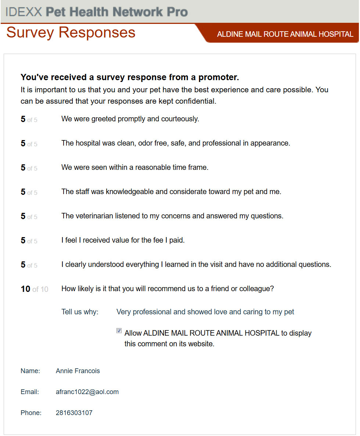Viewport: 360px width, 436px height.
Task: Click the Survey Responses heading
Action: click(71, 33)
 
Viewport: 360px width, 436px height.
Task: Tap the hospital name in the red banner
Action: click(285, 34)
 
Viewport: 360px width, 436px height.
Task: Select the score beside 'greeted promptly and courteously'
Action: click(23, 119)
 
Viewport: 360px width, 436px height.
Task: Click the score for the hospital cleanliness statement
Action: click(23, 144)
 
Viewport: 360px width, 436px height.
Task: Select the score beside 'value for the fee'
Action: click(23, 241)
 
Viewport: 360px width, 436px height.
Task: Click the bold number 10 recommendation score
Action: click(25, 289)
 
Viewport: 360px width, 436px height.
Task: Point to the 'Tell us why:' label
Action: click(80, 312)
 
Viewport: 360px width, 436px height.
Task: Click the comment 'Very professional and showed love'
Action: click(205, 312)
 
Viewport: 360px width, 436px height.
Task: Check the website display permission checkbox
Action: click(119, 331)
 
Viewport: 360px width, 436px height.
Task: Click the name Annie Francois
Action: click(78, 371)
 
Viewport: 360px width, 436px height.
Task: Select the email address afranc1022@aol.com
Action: click(87, 392)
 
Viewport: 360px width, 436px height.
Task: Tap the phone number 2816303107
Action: click(74, 413)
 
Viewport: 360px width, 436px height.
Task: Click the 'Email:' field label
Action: click(29, 392)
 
